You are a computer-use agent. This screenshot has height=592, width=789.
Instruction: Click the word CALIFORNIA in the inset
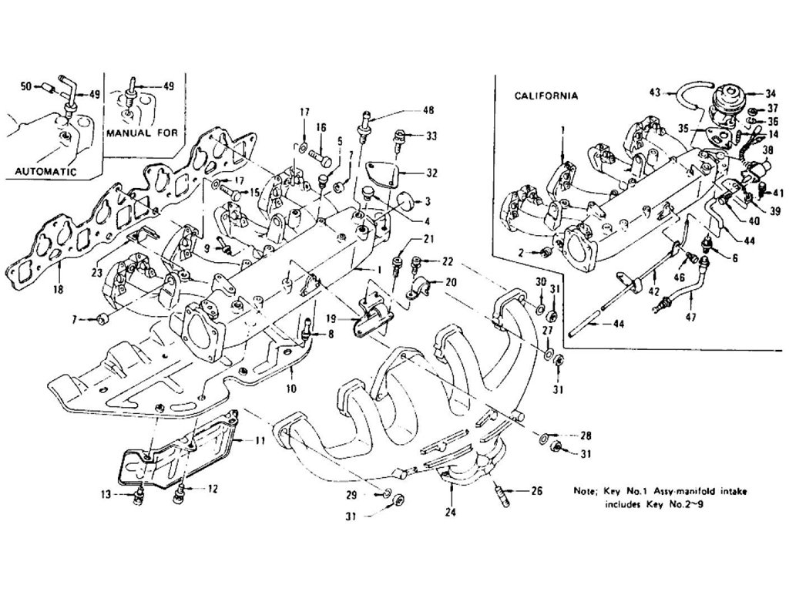[x=546, y=96]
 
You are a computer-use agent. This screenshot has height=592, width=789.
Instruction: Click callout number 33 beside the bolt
[x=431, y=136]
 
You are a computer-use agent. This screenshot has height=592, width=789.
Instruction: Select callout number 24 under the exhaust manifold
[x=449, y=510]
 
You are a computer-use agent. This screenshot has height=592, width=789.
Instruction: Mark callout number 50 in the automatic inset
[x=25, y=86]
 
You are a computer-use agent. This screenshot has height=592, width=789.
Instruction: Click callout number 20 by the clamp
[x=452, y=283]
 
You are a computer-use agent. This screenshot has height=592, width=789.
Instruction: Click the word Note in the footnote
[x=586, y=490]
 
